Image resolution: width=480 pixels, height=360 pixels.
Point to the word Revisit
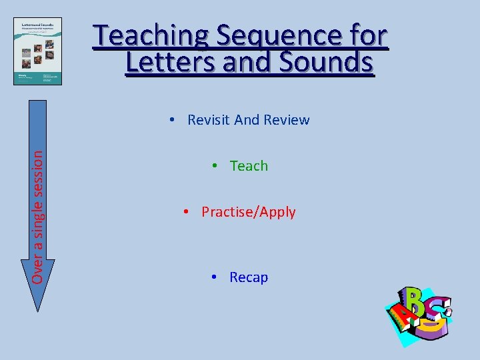[x=208, y=120]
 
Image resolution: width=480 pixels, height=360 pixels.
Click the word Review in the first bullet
[x=287, y=120]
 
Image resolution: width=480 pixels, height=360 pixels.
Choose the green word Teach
[x=249, y=166]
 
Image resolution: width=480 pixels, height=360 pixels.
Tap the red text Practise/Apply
[x=248, y=213]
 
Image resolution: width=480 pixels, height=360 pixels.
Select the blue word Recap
[x=249, y=277]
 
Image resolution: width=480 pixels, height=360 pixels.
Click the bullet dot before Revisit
[x=173, y=120]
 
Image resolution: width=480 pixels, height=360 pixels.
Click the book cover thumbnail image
[x=37, y=51]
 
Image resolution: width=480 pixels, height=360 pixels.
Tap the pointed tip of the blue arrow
[x=39, y=309]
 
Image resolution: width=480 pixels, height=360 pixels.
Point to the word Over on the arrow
[x=39, y=270]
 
